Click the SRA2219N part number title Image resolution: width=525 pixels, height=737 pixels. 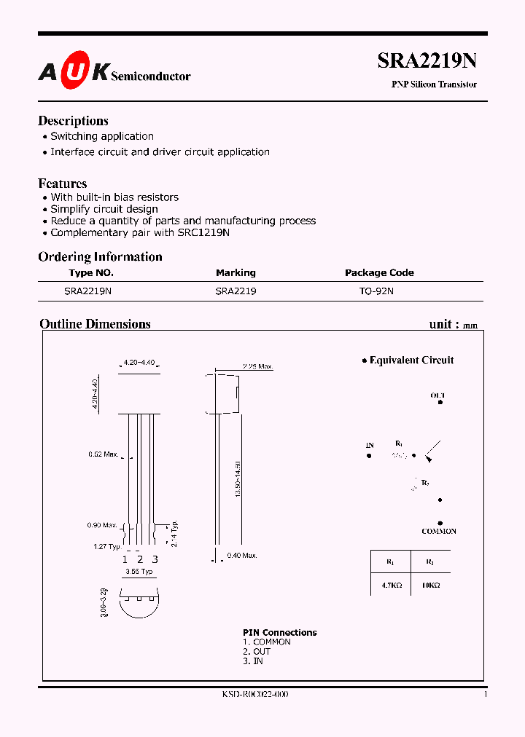pos(427,61)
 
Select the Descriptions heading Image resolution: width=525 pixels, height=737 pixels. pos(73,121)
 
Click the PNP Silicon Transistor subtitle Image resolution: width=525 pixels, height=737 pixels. pos(434,84)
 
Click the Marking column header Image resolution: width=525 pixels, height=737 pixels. pos(236,272)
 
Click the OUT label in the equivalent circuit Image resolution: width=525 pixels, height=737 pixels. pos(437,395)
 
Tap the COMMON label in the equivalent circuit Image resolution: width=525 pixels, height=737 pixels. pos(439,532)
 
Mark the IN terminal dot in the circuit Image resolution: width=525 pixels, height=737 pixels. pos(370,456)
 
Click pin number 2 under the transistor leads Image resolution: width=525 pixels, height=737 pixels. pos(139,559)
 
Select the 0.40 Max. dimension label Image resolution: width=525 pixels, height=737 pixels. pos(242,556)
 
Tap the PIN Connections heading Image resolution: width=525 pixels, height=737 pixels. pos(279,632)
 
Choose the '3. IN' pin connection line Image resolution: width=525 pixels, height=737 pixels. pos(253,661)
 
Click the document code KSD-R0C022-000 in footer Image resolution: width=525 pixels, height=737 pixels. pos(255,695)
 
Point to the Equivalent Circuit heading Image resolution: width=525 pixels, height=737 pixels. pos(411,360)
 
